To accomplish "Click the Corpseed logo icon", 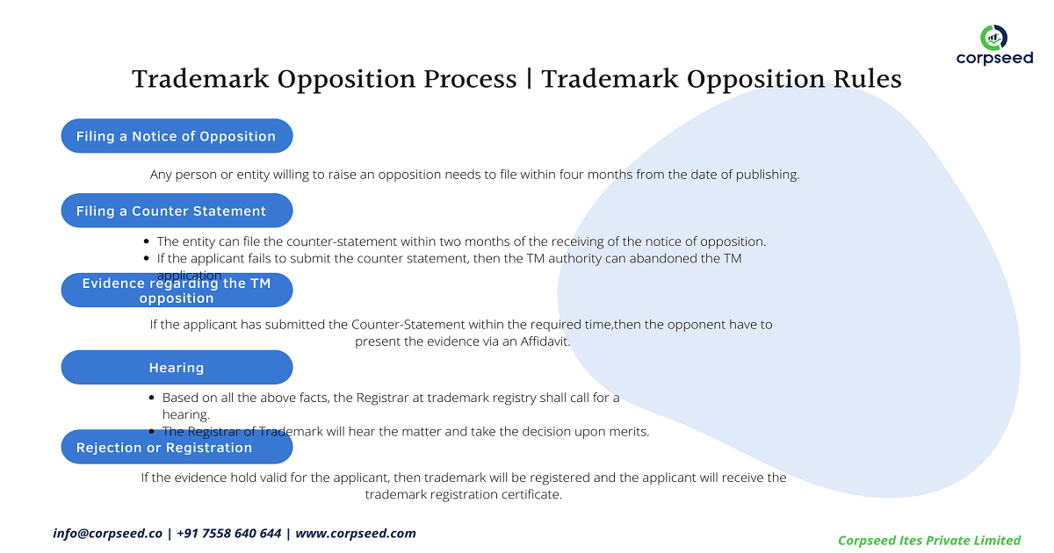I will click(x=994, y=37).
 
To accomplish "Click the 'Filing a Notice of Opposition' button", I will click(x=177, y=136).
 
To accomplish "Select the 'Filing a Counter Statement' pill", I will click(x=177, y=212).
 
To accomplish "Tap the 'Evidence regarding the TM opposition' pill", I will click(x=177, y=291).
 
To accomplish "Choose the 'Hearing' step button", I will click(x=177, y=368).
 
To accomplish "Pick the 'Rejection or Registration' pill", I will click(x=177, y=448).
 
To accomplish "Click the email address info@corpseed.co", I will click(x=108, y=533).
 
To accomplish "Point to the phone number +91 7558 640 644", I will click(x=229, y=533).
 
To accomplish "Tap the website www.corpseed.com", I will click(x=356, y=533).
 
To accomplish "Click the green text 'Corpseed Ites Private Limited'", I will click(x=929, y=540).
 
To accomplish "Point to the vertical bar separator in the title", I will click(x=529, y=79).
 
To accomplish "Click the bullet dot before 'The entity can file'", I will click(x=147, y=241).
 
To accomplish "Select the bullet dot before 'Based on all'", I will click(x=153, y=398).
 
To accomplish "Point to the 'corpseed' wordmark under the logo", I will click(x=994, y=59).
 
